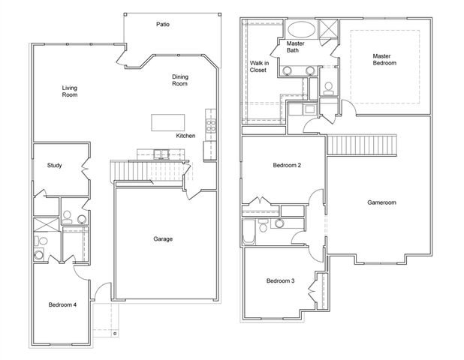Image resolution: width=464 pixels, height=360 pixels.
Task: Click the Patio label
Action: pyautogui.click(x=162, y=25)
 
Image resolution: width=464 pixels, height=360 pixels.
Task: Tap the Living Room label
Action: pyautogui.click(x=70, y=92)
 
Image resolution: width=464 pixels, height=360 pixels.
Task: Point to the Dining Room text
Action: pyautogui.click(x=180, y=80)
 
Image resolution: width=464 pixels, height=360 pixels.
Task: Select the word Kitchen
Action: pyautogui.click(x=186, y=136)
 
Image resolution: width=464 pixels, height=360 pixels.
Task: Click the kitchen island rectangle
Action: pyautogui.click(x=167, y=122)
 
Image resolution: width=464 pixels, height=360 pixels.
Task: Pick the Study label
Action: pyautogui.click(x=54, y=166)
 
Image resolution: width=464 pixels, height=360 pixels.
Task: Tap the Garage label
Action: pyautogui.click(x=163, y=239)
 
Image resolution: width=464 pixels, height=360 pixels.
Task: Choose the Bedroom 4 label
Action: pyautogui.click(x=62, y=304)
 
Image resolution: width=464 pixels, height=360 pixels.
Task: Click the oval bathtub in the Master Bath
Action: pyautogui.click(x=303, y=31)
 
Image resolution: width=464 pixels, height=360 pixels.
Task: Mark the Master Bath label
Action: pyautogui.click(x=295, y=48)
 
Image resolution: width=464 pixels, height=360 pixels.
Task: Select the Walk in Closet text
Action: pyautogui.click(x=258, y=67)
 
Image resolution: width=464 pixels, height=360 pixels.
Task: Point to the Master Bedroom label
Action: pyautogui.click(x=384, y=59)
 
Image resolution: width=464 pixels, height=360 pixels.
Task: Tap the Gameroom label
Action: pyautogui.click(x=381, y=202)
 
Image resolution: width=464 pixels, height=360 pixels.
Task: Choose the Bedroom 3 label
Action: pyautogui.click(x=280, y=281)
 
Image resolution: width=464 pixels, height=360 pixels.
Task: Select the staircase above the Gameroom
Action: pyautogui.click(x=362, y=143)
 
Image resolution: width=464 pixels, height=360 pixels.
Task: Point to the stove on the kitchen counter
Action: pyautogui.click(x=211, y=125)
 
